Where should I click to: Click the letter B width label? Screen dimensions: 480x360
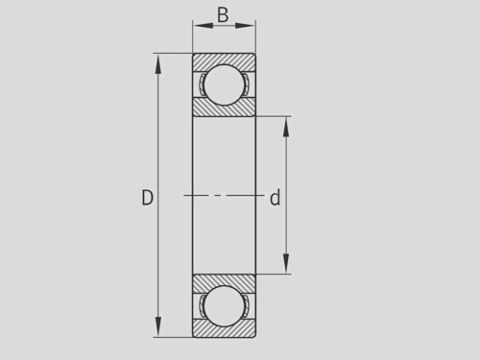[x=223, y=15]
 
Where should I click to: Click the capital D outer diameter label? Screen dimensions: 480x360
[x=147, y=198]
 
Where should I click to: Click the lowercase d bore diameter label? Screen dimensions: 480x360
[x=276, y=198]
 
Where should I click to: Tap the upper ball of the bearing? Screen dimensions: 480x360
[x=224, y=84]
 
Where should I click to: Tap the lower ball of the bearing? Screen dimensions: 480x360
[x=224, y=306]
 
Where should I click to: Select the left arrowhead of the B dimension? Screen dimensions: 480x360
[x=203, y=26]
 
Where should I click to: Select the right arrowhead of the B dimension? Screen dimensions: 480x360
[x=245, y=26]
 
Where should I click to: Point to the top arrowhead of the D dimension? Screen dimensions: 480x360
[x=157, y=64]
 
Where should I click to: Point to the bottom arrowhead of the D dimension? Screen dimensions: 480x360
[x=157, y=326]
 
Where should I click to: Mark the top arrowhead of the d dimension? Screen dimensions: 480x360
[x=286, y=127]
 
